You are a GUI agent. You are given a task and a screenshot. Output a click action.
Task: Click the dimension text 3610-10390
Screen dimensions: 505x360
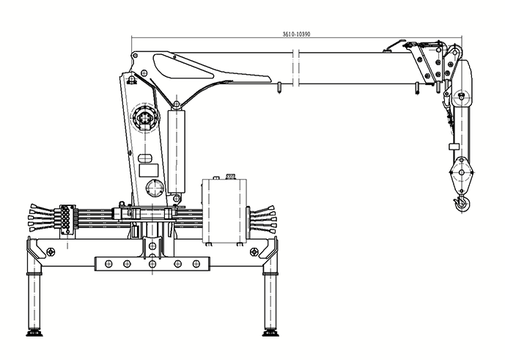(x=296, y=34)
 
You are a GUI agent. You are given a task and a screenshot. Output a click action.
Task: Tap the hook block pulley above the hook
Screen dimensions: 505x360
(x=462, y=173)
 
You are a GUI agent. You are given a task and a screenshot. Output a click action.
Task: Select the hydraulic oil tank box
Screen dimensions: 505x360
(x=224, y=210)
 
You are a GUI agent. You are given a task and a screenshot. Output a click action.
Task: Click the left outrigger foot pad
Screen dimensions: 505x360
(x=34, y=334)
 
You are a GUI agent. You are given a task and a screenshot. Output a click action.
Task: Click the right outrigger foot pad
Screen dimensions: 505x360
(x=270, y=334)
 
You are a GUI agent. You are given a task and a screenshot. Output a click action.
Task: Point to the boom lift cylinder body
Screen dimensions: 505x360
(x=177, y=151)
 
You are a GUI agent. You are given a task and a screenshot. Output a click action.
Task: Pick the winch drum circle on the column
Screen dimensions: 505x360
(x=145, y=117)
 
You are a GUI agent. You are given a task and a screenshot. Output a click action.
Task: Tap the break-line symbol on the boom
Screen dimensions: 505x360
(x=296, y=68)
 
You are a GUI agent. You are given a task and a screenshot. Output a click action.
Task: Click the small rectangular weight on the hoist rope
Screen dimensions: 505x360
(x=454, y=147)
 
